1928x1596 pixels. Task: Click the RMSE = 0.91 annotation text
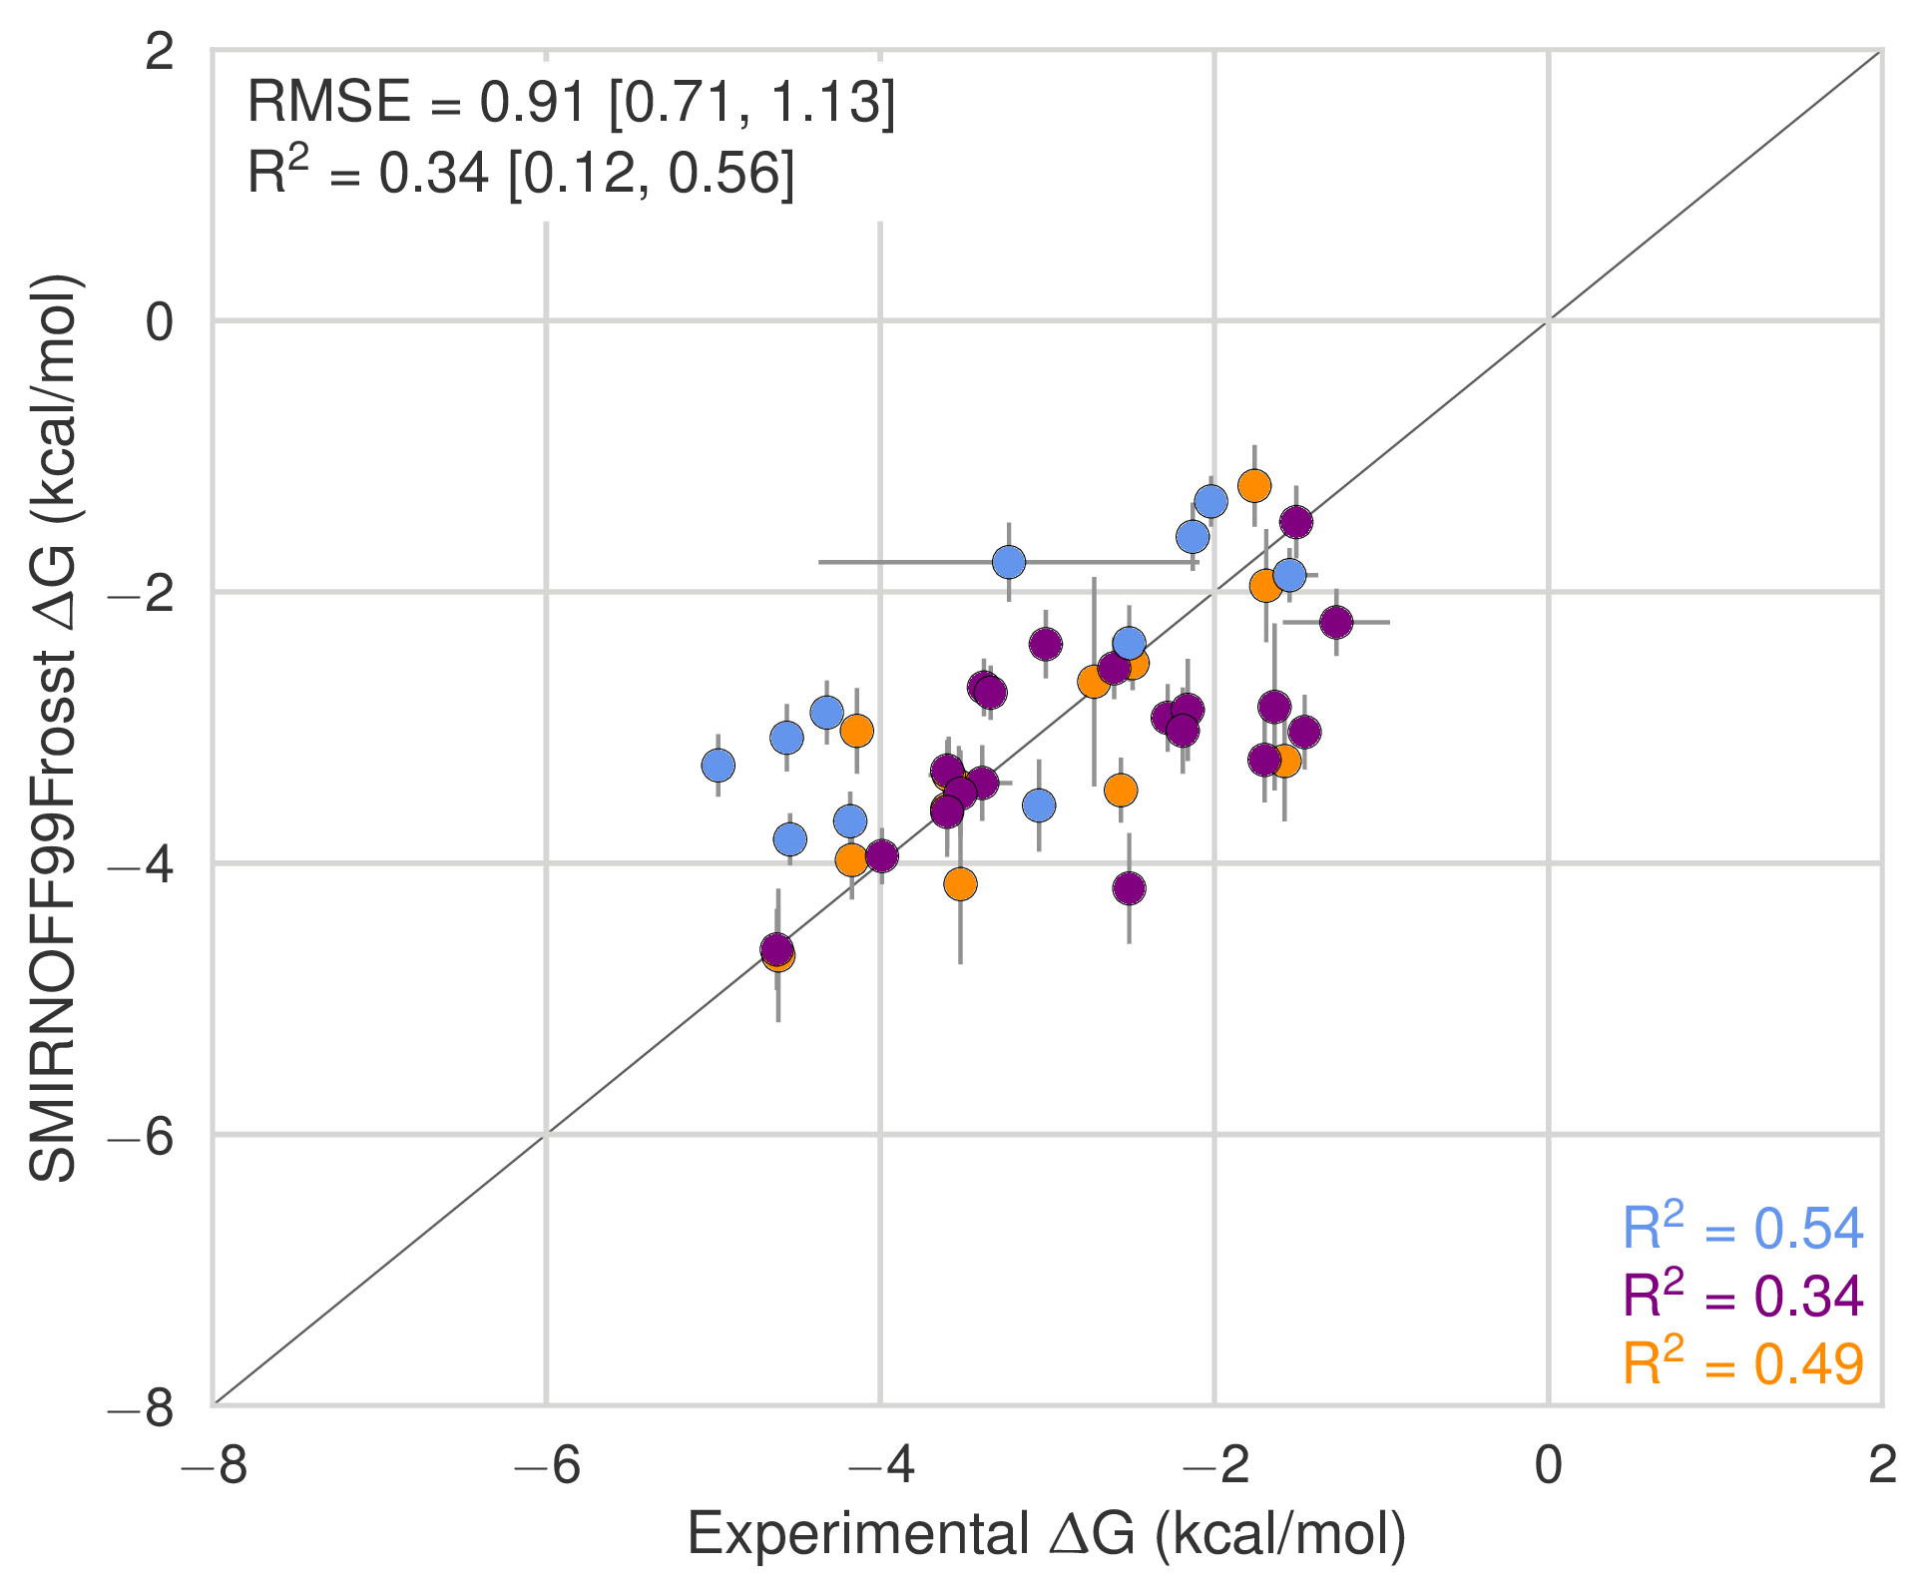click(571, 102)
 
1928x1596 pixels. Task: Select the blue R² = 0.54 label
click(1742, 1228)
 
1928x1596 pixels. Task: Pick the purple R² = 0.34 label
click(1742, 1296)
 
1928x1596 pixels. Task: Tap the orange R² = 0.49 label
click(1742, 1363)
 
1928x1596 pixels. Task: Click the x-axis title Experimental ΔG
click(1047, 1533)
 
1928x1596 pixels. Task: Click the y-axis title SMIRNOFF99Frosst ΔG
click(55, 728)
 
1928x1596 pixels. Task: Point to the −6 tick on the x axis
click(546, 1466)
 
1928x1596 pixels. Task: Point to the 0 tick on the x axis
click(1548, 1466)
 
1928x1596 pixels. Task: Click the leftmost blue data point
click(719, 766)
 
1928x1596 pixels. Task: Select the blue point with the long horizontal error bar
click(1009, 562)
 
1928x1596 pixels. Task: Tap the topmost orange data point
click(1254, 486)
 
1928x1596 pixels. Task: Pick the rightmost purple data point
click(1336, 622)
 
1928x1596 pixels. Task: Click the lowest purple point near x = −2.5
click(1129, 887)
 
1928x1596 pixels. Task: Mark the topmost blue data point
click(1210, 501)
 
